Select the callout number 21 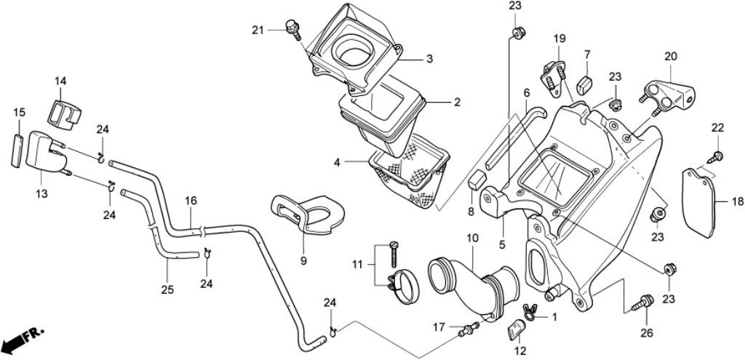(258, 30)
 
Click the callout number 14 (60, 81)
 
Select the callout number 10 (472, 238)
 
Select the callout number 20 (670, 57)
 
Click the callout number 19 (559, 38)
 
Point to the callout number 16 (191, 200)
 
